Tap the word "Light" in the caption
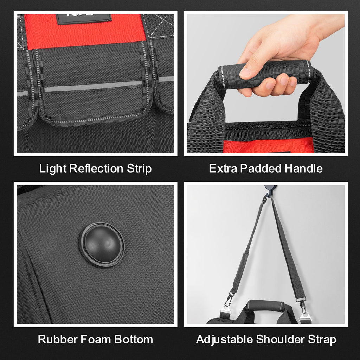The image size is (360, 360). click(53, 169)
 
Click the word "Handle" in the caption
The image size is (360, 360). click(303, 169)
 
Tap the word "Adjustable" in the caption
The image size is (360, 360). click(224, 340)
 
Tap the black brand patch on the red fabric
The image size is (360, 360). click(84, 18)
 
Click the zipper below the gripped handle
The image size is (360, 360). click(267, 127)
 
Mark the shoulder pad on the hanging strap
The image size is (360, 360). click(241, 271)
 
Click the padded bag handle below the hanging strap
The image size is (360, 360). click(265, 305)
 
